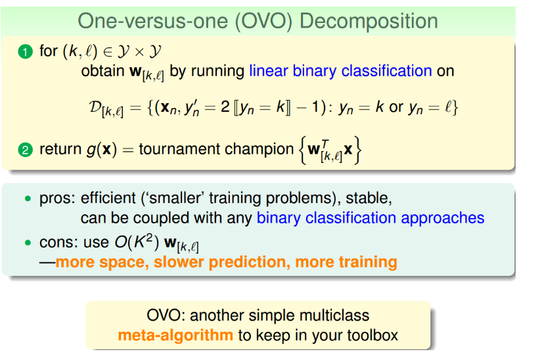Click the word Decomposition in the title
point(369,22)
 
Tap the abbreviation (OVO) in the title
point(263,21)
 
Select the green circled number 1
point(26,51)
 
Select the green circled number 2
point(26,150)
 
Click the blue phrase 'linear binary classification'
point(340,71)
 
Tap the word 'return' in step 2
point(60,150)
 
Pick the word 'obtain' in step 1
point(102,71)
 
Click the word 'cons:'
point(59,242)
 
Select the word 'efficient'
point(108,198)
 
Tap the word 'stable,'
point(369,198)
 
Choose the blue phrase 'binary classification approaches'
point(370,218)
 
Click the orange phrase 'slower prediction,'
point(220,262)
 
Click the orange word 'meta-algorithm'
point(175,335)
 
